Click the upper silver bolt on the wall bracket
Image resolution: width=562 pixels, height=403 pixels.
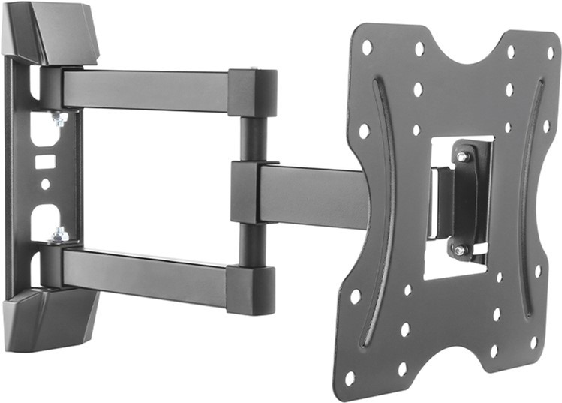pos(58,118)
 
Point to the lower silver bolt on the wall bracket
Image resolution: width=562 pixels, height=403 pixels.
pos(58,236)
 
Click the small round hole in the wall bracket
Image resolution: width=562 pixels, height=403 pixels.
pos(45,183)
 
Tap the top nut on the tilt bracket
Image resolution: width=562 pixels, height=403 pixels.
pos(463,157)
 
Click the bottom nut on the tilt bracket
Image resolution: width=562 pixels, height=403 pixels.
pos(461,249)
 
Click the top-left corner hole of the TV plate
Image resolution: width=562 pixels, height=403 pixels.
pos(367,47)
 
